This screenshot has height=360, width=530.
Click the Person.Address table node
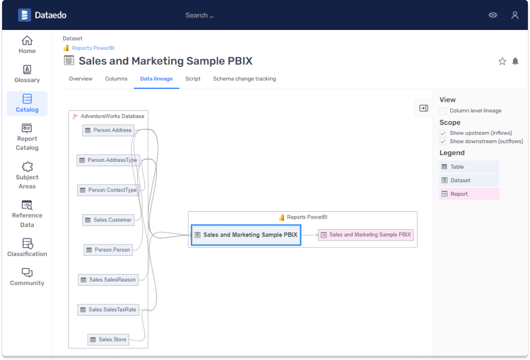click(108, 130)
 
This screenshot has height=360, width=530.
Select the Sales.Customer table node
click(108, 220)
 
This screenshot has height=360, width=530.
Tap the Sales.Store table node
click(108, 340)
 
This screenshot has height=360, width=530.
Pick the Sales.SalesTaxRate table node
click(108, 310)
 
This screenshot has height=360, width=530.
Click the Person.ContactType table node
click(108, 190)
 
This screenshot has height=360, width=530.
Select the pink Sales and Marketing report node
click(366, 235)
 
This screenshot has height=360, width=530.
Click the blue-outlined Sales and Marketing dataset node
click(246, 235)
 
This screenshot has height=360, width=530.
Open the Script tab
click(193, 79)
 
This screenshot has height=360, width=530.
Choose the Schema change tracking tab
click(244, 79)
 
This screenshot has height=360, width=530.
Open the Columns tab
click(116, 79)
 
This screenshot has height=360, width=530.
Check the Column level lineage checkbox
click(443, 111)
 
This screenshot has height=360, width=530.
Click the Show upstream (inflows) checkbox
click(443, 133)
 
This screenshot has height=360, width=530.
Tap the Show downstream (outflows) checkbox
click(443, 141)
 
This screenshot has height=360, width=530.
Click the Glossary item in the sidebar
click(27, 74)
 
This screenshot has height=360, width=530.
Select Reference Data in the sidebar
click(27, 214)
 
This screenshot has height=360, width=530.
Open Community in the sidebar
click(27, 277)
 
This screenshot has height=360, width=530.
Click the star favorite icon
click(502, 61)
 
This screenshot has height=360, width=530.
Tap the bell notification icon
click(515, 61)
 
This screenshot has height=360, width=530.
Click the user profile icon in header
click(515, 15)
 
